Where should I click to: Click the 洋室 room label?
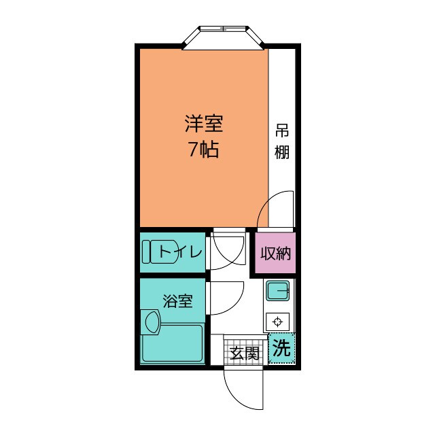point(204,124)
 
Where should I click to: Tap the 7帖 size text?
point(204,150)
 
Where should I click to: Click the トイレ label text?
point(180,253)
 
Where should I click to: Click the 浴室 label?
point(177,300)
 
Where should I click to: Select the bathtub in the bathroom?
point(181,344)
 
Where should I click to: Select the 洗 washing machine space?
point(281,349)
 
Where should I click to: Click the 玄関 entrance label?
point(244,353)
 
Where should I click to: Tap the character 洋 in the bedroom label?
point(193,124)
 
